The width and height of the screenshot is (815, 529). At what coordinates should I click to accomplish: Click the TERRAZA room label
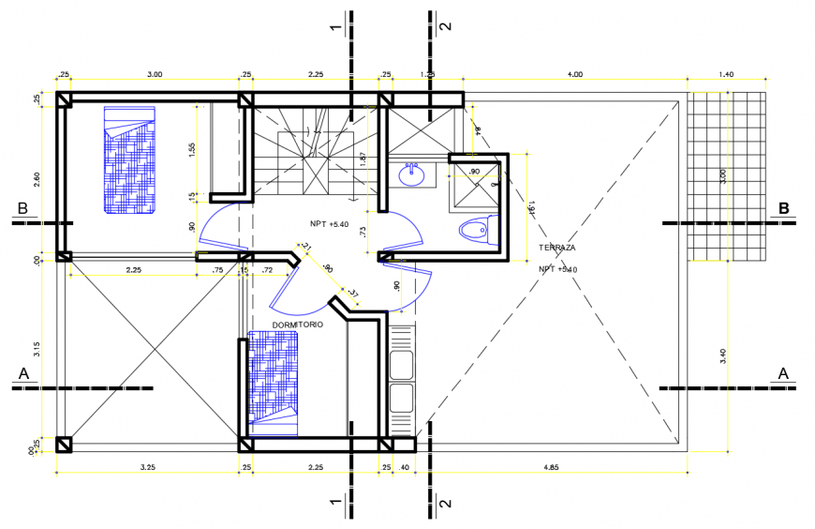click(556, 248)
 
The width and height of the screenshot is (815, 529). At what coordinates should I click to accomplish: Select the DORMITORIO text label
click(297, 325)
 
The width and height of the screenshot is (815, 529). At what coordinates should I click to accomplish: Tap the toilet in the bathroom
click(475, 229)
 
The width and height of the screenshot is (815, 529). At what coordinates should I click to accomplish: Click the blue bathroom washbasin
click(410, 174)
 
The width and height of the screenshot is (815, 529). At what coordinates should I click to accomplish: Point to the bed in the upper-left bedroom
click(128, 160)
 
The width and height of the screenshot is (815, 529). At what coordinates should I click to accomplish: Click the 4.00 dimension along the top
click(574, 74)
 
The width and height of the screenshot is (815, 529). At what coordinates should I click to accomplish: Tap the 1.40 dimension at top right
click(725, 74)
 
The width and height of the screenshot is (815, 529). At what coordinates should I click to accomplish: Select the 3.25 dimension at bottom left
click(147, 466)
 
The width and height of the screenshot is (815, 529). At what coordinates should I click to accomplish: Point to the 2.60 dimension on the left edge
click(37, 176)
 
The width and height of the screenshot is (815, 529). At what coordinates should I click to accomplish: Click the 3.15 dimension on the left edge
click(37, 349)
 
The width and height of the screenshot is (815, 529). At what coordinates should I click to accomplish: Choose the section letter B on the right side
click(785, 208)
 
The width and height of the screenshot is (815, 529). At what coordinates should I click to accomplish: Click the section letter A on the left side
click(22, 373)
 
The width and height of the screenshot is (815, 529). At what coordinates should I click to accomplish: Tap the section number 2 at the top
click(446, 25)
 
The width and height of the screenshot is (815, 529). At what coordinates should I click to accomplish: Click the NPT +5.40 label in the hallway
click(329, 224)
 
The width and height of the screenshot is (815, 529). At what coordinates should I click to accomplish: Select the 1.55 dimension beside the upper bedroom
click(192, 150)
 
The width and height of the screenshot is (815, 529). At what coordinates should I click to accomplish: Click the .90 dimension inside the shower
click(474, 172)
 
